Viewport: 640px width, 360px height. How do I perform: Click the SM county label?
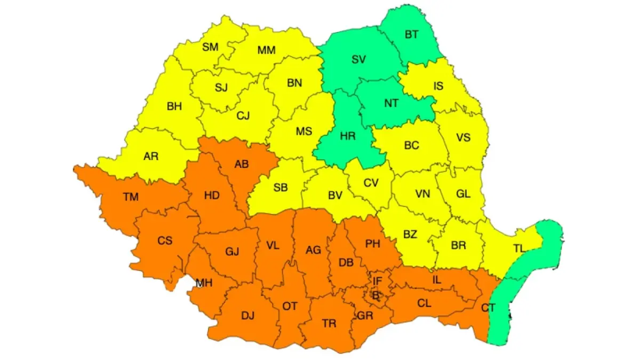(210, 47)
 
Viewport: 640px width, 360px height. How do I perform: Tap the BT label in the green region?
(411, 35)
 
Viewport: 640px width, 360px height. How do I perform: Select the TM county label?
(131, 197)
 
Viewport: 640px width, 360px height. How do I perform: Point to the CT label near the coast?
(487, 307)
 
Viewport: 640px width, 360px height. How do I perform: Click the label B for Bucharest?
(375, 294)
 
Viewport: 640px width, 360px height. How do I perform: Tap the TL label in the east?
(519, 249)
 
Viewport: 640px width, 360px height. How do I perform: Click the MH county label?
(204, 283)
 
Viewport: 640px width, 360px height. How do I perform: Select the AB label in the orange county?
(241, 164)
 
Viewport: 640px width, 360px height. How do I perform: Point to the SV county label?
(358, 59)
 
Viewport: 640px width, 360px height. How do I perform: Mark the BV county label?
(334, 196)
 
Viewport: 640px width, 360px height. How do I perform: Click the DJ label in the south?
(247, 315)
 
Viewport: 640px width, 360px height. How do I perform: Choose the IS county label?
(438, 85)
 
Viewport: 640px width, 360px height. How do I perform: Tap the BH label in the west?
(174, 106)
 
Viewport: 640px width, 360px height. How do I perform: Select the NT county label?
(391, 103)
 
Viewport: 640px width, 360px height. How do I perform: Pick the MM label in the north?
(266, 50)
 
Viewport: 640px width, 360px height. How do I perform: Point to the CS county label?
(165, 241)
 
